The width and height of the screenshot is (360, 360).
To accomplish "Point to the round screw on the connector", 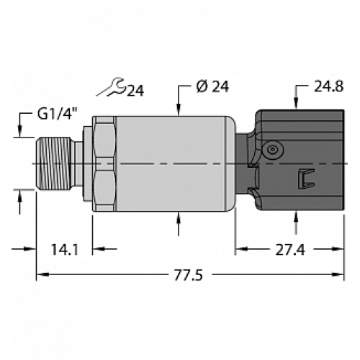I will pos(271,149).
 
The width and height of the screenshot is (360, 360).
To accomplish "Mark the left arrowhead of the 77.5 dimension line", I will pos(42,274).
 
